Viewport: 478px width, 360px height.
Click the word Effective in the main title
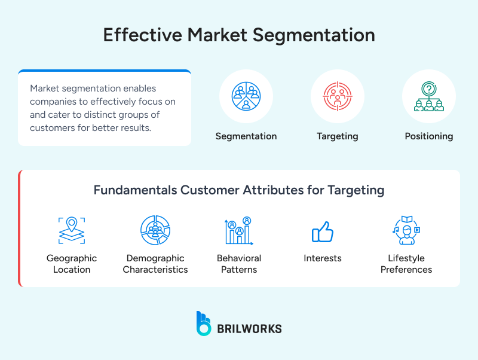142,35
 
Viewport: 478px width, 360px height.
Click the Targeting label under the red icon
338,136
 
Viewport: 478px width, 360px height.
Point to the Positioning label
429,136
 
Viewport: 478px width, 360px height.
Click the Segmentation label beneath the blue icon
246,136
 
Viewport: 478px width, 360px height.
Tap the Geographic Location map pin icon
72,230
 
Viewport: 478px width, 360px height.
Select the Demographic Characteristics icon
155,230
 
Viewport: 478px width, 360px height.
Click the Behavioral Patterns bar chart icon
239,230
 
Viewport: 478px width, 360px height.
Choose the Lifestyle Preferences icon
406,230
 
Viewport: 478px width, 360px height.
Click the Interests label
323,258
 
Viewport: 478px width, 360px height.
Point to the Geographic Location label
72,264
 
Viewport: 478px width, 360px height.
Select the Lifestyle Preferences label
406,264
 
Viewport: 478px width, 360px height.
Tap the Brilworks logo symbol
204,323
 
